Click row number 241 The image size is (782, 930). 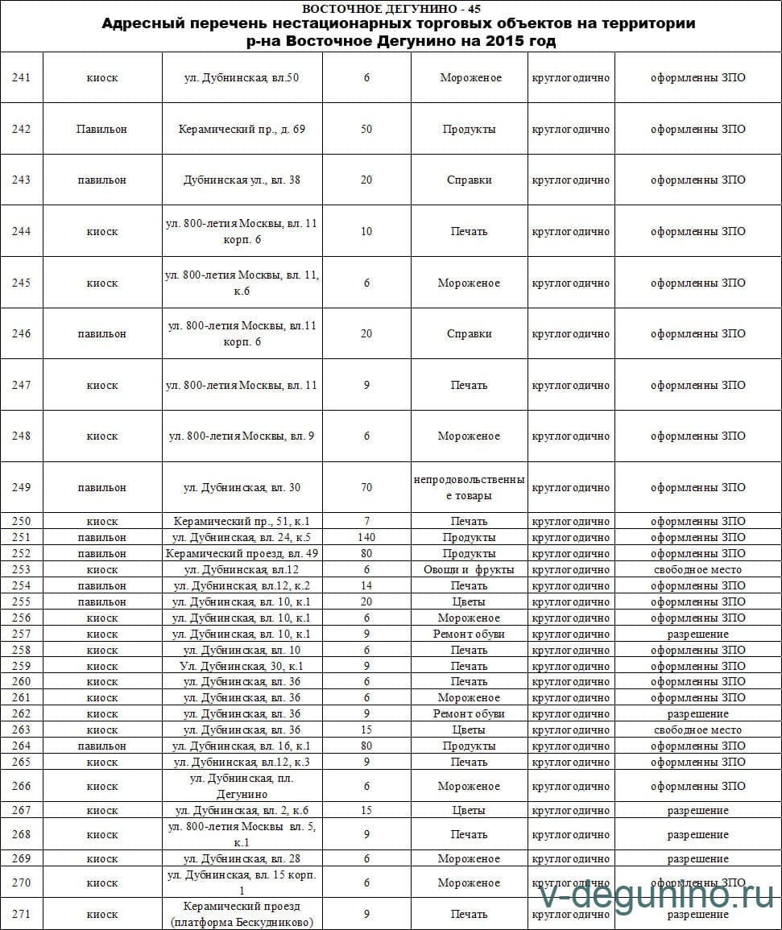tap(22, 78)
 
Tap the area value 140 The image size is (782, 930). tap(366, 537)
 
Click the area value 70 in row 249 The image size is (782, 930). tap(366, 487)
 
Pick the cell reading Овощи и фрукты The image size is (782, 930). tap(469, 569)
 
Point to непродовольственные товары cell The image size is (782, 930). tap(469, 487)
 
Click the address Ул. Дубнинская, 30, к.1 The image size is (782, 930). tap(242, 666)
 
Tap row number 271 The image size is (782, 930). tap(22, 914)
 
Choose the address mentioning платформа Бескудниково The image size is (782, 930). tap(242, 914)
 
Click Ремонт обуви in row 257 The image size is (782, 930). tap(469, 634)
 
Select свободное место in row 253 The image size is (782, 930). tap(697, 569)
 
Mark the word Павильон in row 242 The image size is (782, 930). tap(101, 129)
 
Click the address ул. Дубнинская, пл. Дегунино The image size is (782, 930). tap(242, 786)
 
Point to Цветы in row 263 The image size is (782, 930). tap(469, 730)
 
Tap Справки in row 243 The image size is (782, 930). tap(469, 180)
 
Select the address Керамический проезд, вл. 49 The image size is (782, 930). tap(242, 553)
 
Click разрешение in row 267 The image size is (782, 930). tap(697, 810)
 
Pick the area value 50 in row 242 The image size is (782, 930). tap(366, 129)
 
